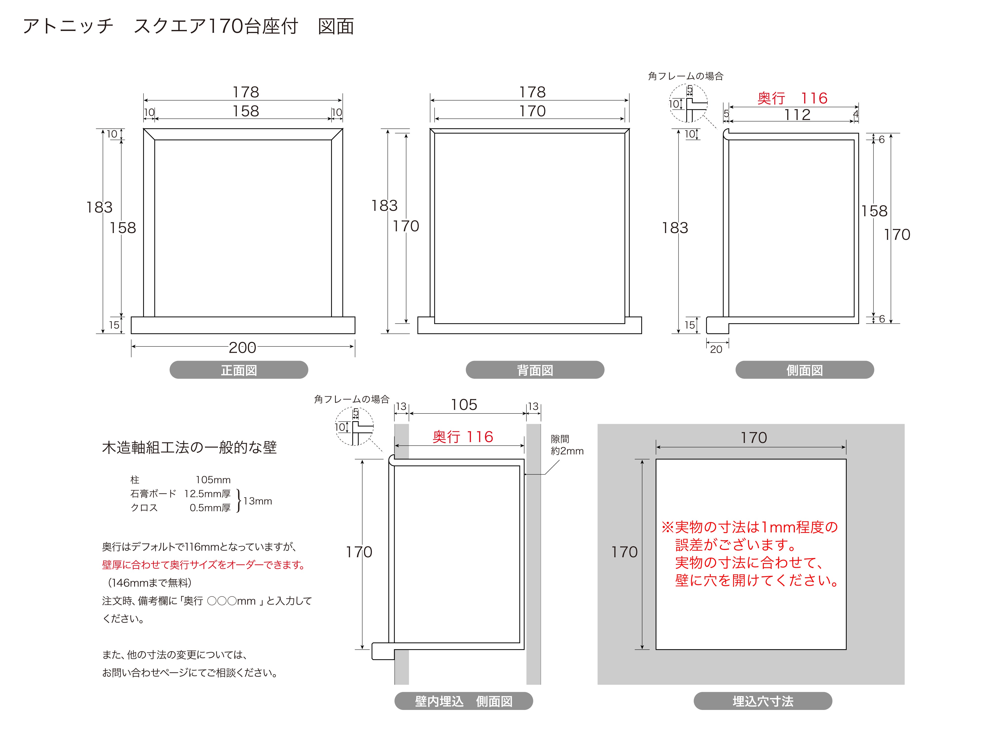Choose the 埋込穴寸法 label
763,701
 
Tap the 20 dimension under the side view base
716,349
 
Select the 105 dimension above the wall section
464,405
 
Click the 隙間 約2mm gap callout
567,445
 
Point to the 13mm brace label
257,501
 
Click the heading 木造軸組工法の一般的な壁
189,448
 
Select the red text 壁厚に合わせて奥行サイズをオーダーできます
203,565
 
